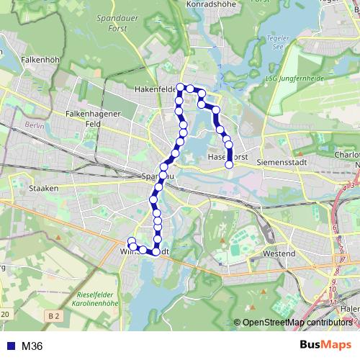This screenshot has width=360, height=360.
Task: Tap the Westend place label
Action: coord(279,253)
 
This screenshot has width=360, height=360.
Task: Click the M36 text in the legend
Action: coord(32,346)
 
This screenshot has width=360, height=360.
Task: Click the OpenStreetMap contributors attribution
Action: coord(297,323)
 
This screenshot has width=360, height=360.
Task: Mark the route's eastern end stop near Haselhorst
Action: coord(230,164)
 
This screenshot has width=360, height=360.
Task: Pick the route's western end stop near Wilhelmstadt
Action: coord(131,241)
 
